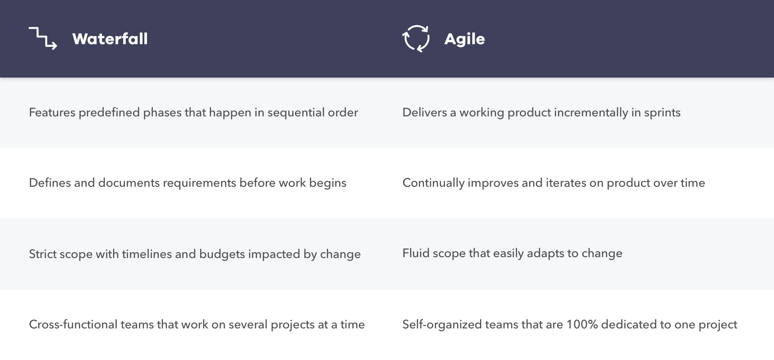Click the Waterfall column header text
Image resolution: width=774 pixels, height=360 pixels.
110,39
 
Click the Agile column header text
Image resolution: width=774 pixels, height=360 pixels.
465,39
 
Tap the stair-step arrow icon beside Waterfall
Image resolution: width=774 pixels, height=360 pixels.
43,38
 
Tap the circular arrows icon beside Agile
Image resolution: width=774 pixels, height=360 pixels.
416,38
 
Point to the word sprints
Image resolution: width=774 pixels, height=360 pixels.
662,113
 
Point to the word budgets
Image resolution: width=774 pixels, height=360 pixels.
222,254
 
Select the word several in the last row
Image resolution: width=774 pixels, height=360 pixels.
248,324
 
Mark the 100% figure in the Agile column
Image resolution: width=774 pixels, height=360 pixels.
582,324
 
